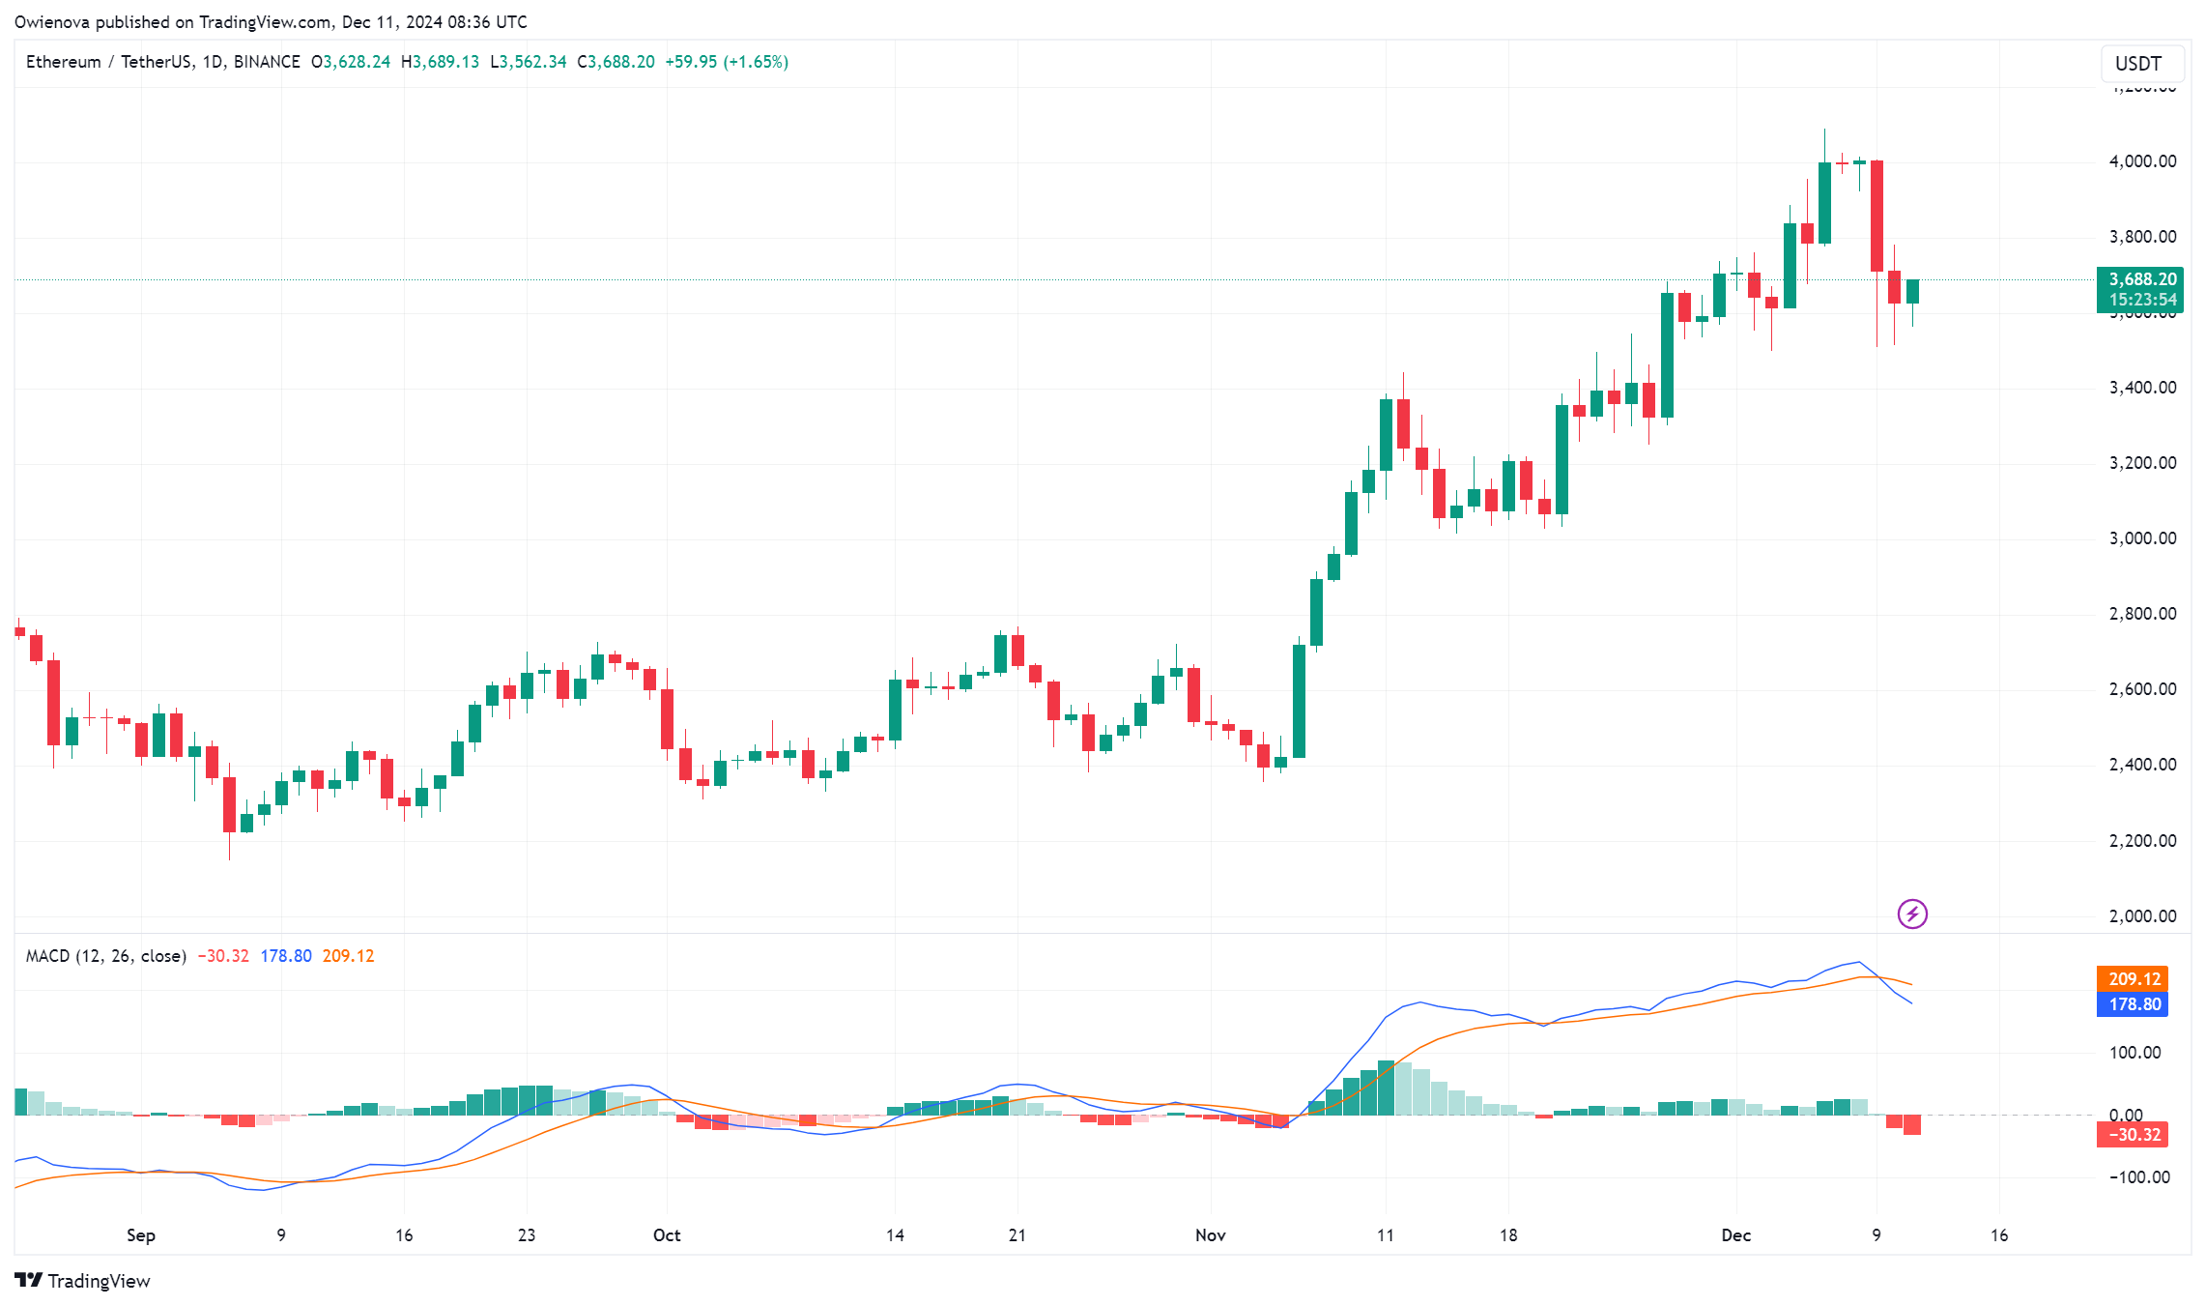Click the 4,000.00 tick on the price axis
coord(2142,161)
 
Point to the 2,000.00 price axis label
coord(2142,916)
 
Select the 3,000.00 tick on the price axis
coord(2142,538)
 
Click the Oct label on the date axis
coord(667,1235)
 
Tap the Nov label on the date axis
coord(1210,1235)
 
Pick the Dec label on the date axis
coord(1735,1235)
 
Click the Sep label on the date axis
coord(141,1235)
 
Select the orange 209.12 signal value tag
coord(2133,979)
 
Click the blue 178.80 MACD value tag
coord(2133,1004)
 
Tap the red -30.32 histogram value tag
coord(2133,1135)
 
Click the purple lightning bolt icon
coord(1912,914)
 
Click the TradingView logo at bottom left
coord(83,1281)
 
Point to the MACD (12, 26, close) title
coord(105,956)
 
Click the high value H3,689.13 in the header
coord(441,62)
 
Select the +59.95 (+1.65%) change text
coord(727,62)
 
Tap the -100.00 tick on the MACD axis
coord(2138,1177)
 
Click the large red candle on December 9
coord(1877,216)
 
